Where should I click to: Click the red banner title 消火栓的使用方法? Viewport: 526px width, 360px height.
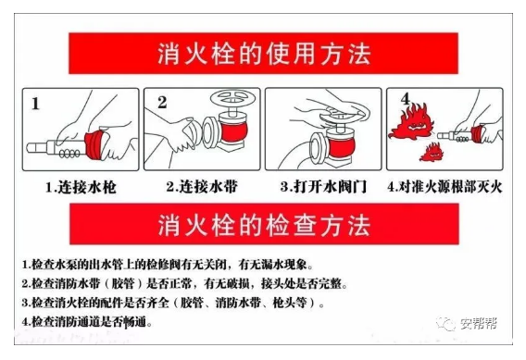[x=264, y=54]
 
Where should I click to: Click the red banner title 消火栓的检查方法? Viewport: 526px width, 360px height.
[x=264, y=225]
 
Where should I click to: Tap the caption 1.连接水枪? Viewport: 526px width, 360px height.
[x=81, y=187]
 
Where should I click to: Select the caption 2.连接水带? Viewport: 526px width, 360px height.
[x=202, y=186]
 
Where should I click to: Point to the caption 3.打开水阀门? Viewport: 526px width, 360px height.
[x=324, y=186]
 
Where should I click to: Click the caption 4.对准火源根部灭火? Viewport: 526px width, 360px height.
[x=445, y=187]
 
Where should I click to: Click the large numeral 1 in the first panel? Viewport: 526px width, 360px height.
[x=35, y=104]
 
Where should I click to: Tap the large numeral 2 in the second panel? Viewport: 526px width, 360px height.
[x=162, y=102]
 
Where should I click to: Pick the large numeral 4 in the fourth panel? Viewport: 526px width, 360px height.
[x=406, y=98]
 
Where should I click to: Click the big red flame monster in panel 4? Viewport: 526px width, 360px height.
[x=411, y=121]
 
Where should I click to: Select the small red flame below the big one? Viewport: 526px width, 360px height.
[x=432, y=152]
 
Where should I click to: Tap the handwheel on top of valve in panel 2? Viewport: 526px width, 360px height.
[x=231, y=98]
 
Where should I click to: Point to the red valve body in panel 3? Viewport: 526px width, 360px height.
[x=341, y=147]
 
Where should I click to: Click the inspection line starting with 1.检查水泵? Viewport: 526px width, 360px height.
[x=168, y=265]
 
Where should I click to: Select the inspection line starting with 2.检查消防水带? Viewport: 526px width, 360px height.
[x=184, y=284]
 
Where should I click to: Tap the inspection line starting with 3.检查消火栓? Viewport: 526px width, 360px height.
[x=173, y=303]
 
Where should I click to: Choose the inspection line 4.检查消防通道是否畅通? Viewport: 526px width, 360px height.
[x=87, y=322]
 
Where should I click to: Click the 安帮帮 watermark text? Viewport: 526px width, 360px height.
[x=478, y=324]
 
